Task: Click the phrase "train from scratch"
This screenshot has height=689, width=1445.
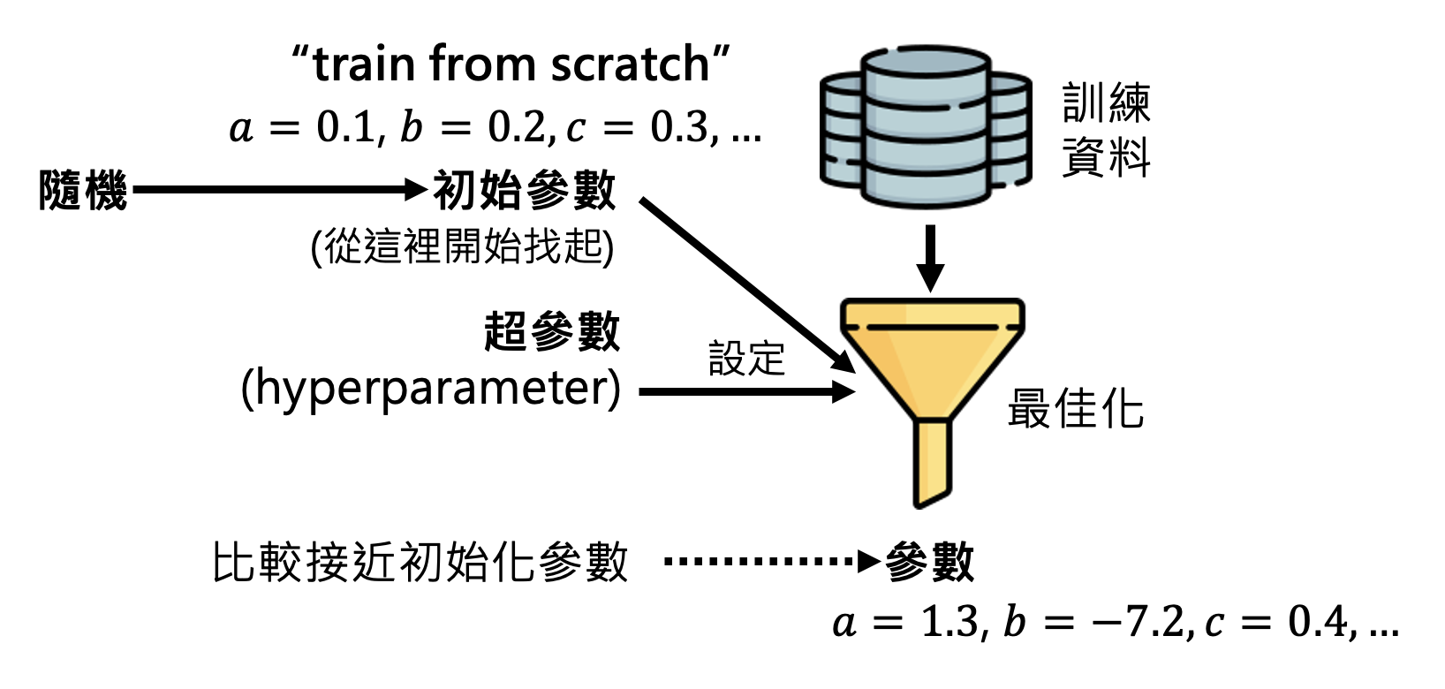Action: pos(511,64)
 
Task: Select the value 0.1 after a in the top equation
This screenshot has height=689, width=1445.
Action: pos(345,128)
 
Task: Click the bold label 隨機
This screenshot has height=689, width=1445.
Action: pos(83,191)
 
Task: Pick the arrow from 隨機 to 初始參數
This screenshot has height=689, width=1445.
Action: pos(278,189)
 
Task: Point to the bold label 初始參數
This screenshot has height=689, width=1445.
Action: pos(524,190)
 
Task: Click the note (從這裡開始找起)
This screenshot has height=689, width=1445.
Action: pos(462,246)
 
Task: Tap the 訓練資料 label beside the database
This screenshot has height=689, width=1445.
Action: pos(1106,130)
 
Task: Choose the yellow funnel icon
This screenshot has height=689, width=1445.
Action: pos(932,389)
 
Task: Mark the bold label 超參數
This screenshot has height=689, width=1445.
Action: pos(552,333)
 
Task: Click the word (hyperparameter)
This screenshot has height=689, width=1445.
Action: pos(431,389)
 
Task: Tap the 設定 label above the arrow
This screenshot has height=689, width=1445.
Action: pos(746,359)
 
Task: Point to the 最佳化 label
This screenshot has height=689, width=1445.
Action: pos(1076,409)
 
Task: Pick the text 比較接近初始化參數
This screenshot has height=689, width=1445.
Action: pos(420,563)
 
